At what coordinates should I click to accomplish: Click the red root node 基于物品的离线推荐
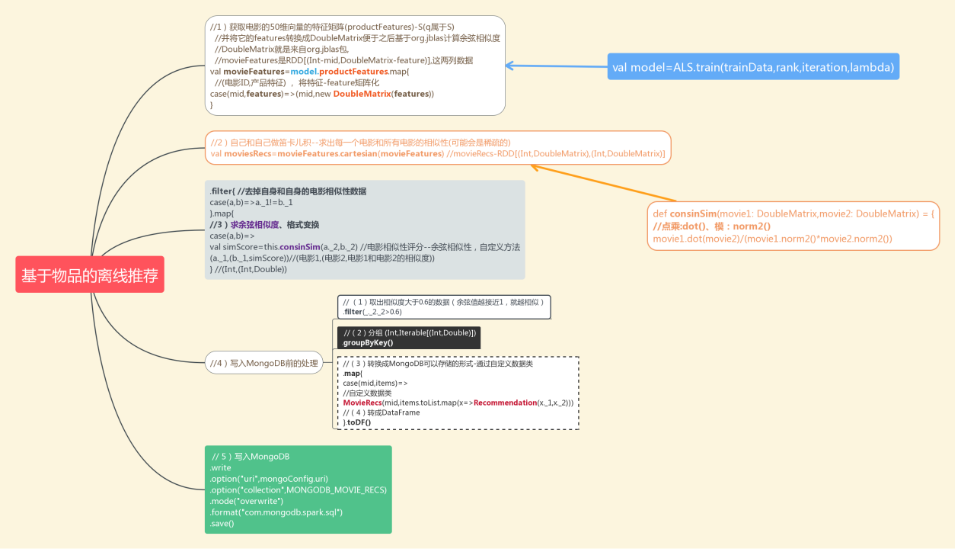pos(90,275)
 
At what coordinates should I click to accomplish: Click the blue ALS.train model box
pos(753,67)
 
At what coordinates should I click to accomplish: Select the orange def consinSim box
pos(792,226)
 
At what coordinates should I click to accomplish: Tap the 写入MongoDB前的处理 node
pos(263,363)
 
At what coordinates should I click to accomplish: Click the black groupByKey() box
pos(409,338)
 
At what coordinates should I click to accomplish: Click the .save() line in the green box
pos(223,523)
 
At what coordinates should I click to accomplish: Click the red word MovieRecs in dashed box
pos(362,403)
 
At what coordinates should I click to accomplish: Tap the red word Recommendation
pos(505,403)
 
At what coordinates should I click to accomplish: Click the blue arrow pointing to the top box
pos(556,66)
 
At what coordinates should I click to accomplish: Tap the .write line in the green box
pos(222,468)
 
